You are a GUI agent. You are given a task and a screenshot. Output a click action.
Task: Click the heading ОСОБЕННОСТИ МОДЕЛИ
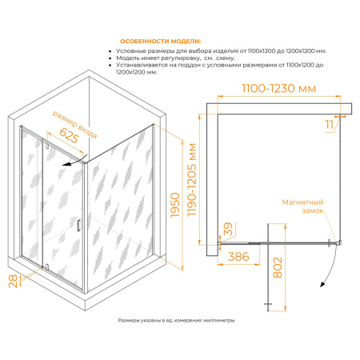pos(160,42)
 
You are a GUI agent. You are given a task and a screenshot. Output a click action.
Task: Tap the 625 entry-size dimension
pos(69,135)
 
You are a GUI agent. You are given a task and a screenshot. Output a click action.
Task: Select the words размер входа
pos(74,125)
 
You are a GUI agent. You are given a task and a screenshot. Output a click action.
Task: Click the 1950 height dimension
pos(175,205)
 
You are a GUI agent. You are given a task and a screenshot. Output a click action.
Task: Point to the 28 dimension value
pos(13,281)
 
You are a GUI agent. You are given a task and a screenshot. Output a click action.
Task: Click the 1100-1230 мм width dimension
pos(279,88)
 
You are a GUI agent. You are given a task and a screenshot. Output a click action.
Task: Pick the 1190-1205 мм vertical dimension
pos(192,180)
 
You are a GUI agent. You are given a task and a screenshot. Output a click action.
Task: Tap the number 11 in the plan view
pos(330,125)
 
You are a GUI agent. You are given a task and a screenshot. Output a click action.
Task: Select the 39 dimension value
pos(228,229)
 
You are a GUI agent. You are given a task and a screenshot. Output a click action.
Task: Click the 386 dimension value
pos(238,257)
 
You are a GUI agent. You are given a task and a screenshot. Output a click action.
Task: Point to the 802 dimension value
pos(278,267)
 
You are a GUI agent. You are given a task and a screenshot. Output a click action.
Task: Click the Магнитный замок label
pos(303,206)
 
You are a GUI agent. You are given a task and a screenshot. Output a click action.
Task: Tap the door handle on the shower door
pos(78,226)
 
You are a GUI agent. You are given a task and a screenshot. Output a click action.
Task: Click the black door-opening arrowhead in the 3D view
pos(66,164)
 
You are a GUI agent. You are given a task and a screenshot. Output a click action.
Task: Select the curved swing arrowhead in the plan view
pos(322,285)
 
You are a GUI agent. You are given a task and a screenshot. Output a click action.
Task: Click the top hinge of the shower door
pos(47,146)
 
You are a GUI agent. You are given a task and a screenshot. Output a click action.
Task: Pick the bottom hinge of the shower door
pos(46,266)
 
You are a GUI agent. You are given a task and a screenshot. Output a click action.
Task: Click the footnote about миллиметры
pos(176,320)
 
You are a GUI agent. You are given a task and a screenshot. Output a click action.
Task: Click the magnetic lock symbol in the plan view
pos(329,243)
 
